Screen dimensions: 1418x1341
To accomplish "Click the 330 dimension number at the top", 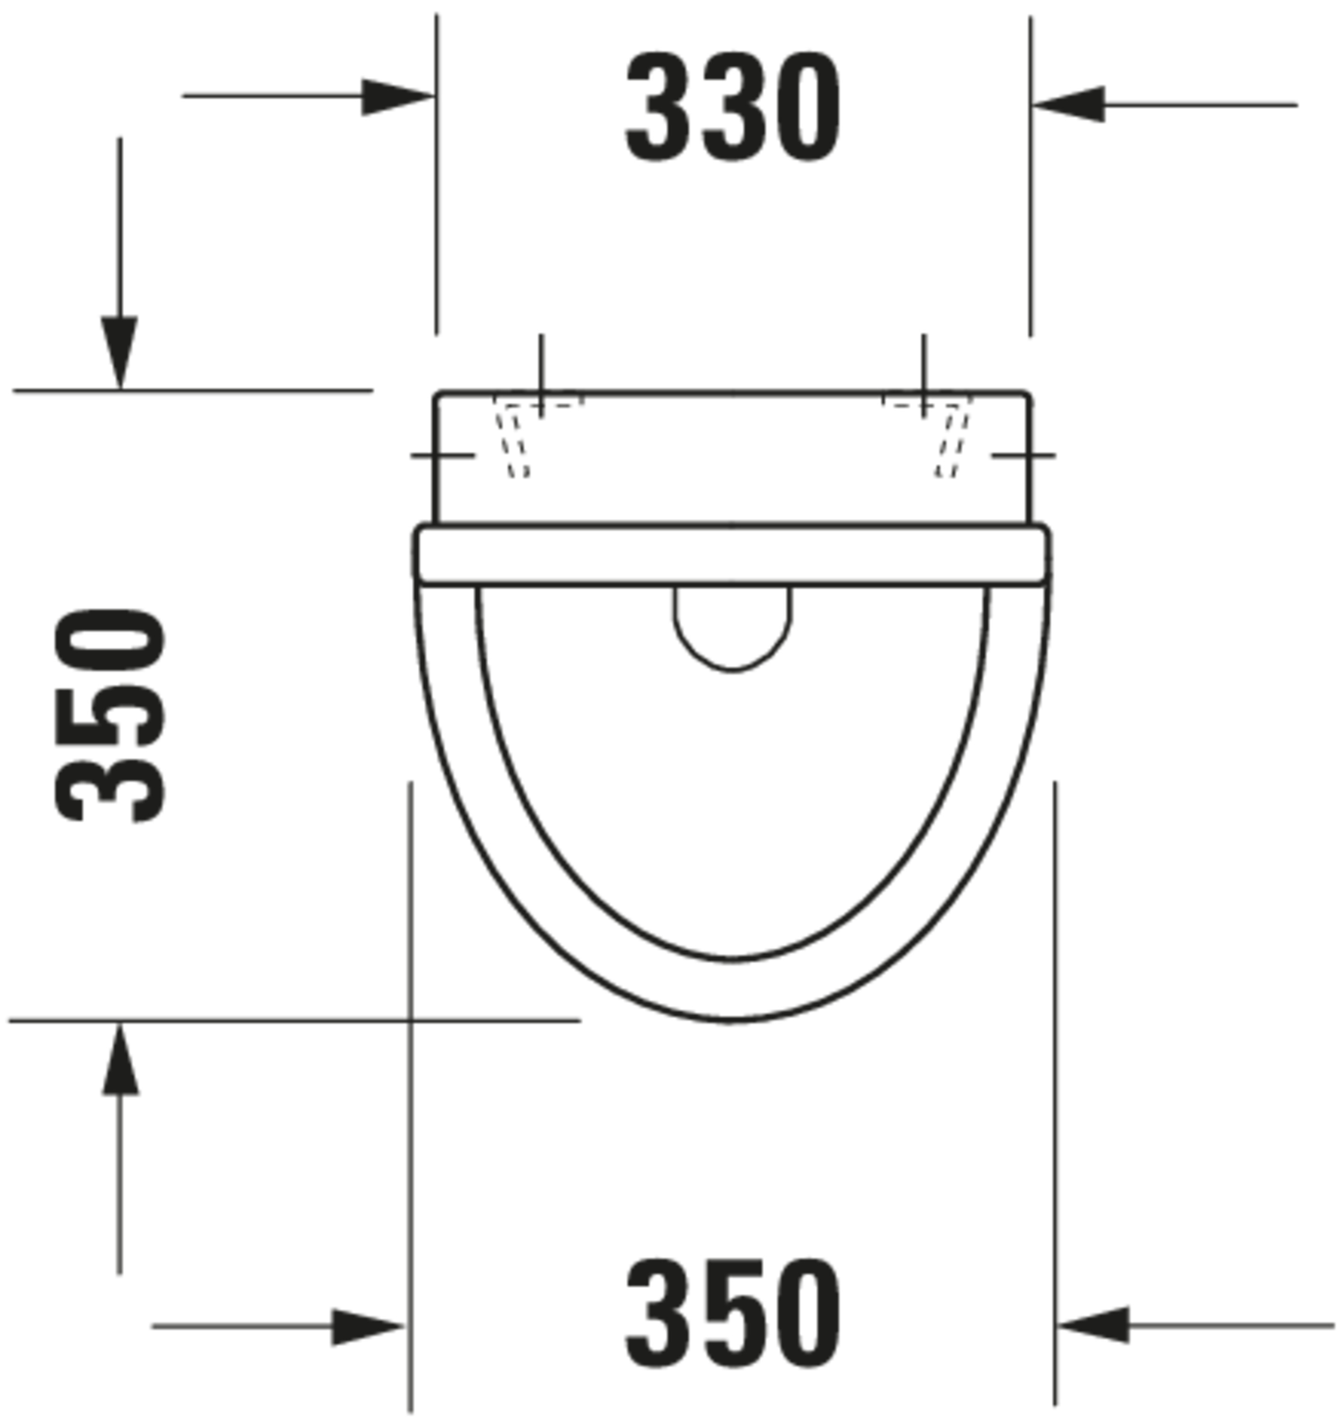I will click(x=733, y=107).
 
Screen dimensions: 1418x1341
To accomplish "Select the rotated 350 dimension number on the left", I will click(x=111, y=715).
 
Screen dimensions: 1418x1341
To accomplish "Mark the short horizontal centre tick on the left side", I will click(x=442, y=455).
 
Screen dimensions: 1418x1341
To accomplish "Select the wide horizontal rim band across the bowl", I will click(x=731, y=555).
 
